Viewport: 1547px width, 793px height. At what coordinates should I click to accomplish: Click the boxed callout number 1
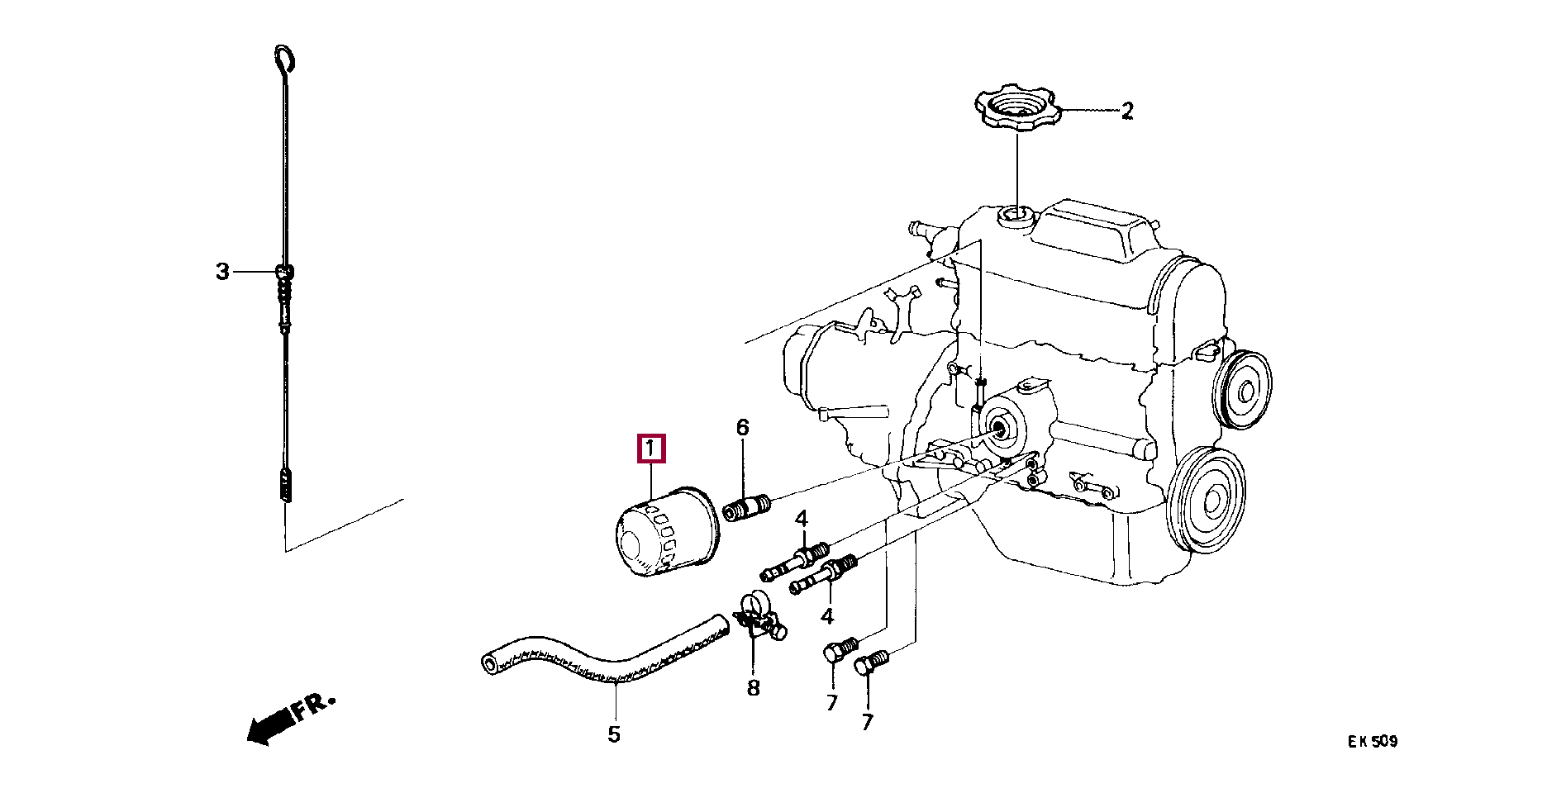point(651,449)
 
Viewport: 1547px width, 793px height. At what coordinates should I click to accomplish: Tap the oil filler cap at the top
point(1016,108)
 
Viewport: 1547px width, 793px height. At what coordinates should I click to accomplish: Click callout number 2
point(1127,111)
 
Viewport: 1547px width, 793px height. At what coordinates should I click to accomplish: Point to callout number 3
point(222,271)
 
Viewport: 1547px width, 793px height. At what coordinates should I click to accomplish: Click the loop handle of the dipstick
point(284,59)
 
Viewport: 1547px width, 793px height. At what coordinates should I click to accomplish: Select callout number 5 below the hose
point(614,734)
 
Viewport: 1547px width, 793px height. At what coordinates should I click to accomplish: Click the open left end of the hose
point(490,662)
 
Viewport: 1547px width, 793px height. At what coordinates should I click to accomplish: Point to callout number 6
point(742,427)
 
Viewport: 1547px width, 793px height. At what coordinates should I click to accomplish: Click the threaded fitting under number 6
point(746,506)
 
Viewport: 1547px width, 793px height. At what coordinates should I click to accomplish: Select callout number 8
point(753,687)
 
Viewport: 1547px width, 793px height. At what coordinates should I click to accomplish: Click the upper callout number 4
point(801,519)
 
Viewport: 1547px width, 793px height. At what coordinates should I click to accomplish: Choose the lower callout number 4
point(827,615)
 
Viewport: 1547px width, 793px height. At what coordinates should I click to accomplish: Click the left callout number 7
point(832,702)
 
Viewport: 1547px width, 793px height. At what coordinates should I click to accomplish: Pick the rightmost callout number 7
point(867,722)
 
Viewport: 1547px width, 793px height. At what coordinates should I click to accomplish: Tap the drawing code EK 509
point(1373,741)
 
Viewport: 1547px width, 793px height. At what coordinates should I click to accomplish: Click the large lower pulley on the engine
point(1210,499)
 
